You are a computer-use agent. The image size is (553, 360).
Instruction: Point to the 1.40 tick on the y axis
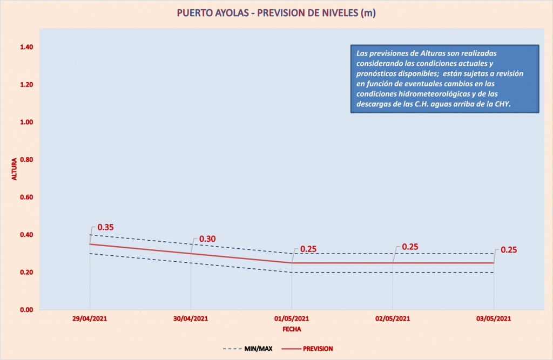tap(27, 47)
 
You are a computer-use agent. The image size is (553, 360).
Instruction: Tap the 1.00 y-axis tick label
tap(27, 123)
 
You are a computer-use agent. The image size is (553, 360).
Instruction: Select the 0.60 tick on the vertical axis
tap(27, 198)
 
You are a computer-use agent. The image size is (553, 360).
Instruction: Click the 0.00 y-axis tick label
tap(27, 310)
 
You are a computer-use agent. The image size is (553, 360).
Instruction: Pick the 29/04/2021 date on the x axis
tap(90, 318)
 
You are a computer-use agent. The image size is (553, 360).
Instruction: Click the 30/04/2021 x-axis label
tap(191, 318)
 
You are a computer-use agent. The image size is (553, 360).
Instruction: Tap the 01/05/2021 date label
tap(292, 318)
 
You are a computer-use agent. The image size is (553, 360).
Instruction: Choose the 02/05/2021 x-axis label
tap(393, 318)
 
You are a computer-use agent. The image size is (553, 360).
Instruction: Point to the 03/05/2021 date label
tap(494, 318)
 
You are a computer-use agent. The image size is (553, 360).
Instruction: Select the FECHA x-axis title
tap(292, 329)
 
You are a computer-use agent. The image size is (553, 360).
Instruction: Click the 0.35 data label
tap(106, 227)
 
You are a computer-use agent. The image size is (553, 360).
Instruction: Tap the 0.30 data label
tap(207, 239)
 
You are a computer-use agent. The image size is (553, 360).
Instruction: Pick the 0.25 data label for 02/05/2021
tap(410, 247)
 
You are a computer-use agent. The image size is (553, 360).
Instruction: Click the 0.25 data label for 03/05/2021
tap(509, 250)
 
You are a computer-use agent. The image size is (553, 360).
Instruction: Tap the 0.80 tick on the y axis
tap(27, 160)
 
